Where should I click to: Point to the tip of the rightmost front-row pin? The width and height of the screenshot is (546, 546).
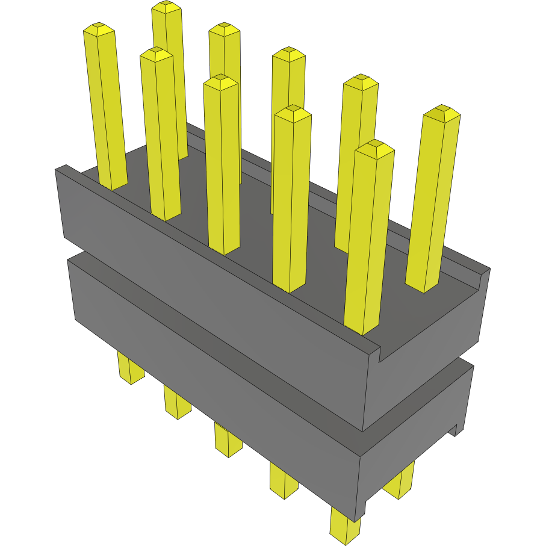[x=374, y=146]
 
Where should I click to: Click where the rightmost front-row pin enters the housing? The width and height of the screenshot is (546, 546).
[x=363, y=328]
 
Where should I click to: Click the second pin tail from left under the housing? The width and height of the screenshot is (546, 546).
[x=177, y=402]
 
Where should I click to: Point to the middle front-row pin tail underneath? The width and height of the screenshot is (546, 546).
[x=228, y=439]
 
